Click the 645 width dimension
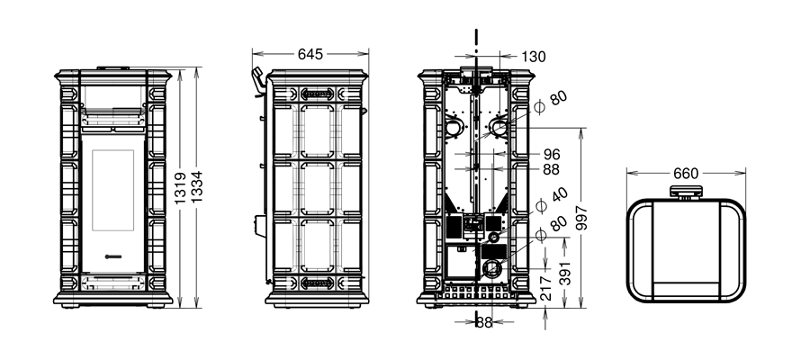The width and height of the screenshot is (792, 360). tap(310, 54)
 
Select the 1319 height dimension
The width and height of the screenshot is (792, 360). tap(180, 188)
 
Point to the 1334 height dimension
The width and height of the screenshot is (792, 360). tap(196, 187)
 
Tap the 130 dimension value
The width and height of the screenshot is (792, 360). tap(534, 57)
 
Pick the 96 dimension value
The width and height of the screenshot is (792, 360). tap(552, 154)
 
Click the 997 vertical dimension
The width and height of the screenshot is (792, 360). tap(582, 218)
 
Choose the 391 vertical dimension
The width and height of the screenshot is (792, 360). tap(565, 274)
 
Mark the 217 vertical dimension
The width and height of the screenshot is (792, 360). tap(546, 289)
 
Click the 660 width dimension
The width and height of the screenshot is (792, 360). tap(686, 173)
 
